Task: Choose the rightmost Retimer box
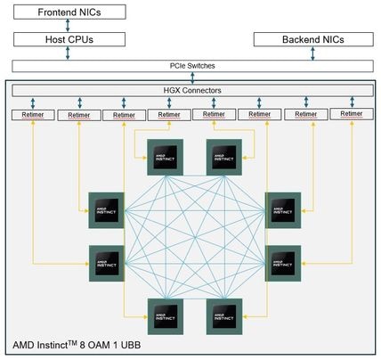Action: pyautogui.click(x=352, y=114)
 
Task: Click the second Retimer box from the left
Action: pyautogui.click(x=79, y=115)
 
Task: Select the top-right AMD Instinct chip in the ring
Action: pyautogui.click(x=223, y=156)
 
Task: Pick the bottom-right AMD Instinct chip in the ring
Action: pyautogui.click(x=223, y=316)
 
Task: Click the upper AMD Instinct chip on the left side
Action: pyautogui.click(x=106, y=210)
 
